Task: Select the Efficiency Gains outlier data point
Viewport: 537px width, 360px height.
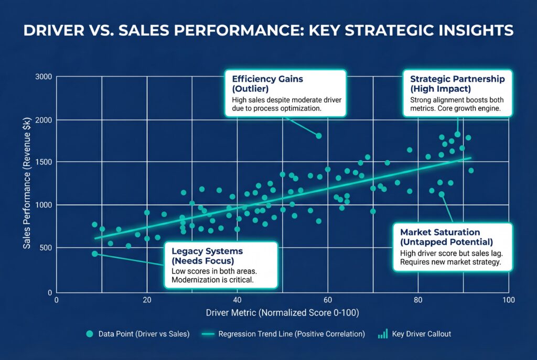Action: tap(318, 136)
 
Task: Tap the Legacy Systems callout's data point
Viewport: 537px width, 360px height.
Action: tap(94, 254)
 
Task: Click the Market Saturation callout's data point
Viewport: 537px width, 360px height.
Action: tap(441, 194)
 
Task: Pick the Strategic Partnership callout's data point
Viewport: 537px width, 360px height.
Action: tap(457, 135)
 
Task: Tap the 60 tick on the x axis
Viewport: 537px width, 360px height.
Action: tap(328, 301)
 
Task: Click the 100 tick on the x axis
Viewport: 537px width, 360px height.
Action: tap(507, 301)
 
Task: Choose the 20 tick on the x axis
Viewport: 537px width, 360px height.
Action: tap(147, 301)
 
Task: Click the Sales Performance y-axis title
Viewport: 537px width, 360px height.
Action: tap(27, 183)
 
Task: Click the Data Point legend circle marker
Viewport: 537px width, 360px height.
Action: tap(90, 334)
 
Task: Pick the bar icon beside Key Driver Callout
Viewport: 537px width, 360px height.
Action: tap(383, 333)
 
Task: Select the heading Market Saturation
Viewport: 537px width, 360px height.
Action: tap(439, 232)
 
